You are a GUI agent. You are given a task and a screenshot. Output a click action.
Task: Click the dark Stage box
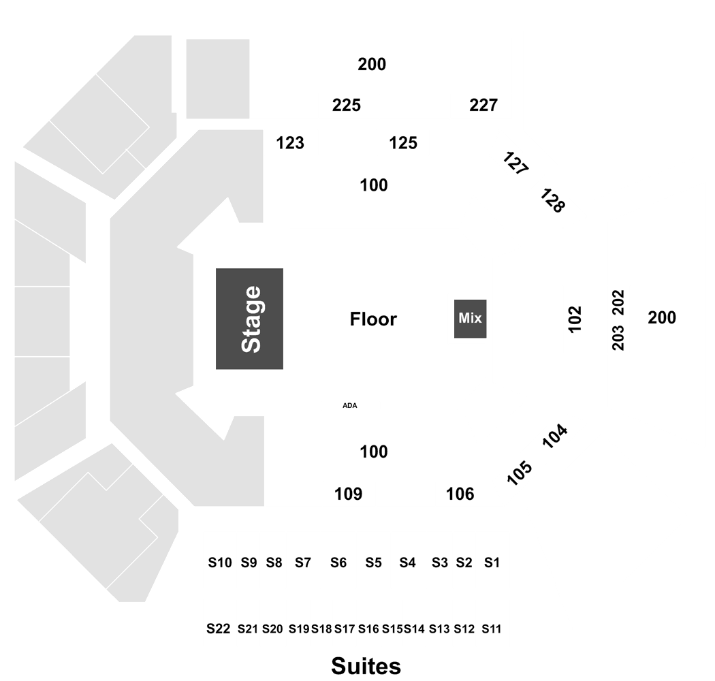[x=249, y=319]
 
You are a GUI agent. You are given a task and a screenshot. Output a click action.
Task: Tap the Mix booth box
[x=470, y=319]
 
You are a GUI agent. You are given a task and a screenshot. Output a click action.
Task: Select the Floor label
[x=373, y=319]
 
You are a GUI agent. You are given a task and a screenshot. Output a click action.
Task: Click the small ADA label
[x=350, y=405]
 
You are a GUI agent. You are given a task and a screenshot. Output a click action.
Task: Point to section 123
[x=290, y=143]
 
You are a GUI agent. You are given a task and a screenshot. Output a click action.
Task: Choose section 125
[x=403, y=143]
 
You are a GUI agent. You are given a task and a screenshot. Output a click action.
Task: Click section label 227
[x=483, y=106]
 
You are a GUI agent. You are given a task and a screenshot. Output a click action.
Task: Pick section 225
[x=347, y=106]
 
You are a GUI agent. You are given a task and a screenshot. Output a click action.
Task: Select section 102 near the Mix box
[x=575, y=319]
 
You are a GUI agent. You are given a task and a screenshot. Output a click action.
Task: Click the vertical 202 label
[x=618, y=302]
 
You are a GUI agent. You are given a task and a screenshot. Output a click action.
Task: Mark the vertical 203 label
[x=618, y=338]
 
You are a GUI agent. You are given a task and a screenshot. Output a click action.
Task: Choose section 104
[x=555, y=436]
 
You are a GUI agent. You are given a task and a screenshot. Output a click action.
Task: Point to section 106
[x=460, y=494]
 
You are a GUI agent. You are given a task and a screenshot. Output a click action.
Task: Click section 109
[x=349, y=494]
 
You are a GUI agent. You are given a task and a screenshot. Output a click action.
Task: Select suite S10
[x=220, y=563]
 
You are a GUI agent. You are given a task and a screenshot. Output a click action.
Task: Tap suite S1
[x=492, y=563]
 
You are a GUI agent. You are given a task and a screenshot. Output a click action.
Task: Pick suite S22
[x=219, y=629]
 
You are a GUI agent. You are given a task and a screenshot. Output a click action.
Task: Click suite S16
[x=368, y=629]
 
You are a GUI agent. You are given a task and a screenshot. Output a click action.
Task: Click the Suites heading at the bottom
[x=366, y=666]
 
